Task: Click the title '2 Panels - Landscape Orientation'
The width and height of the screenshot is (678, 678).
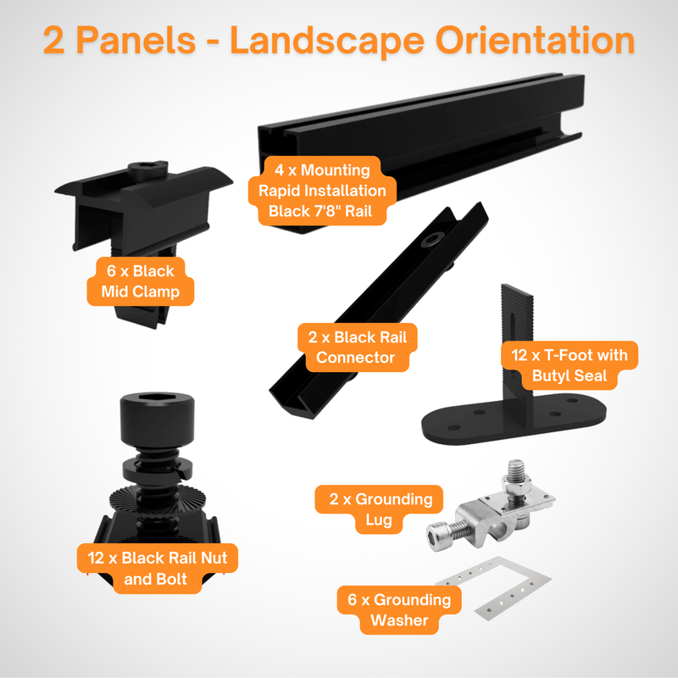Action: (x=339, y=41)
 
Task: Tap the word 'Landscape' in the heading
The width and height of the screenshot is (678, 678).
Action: (x=339, y=41)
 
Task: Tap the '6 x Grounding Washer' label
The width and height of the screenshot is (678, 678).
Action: (x=399, y=610)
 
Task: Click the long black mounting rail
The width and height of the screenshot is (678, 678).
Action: (x=475, y=127)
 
